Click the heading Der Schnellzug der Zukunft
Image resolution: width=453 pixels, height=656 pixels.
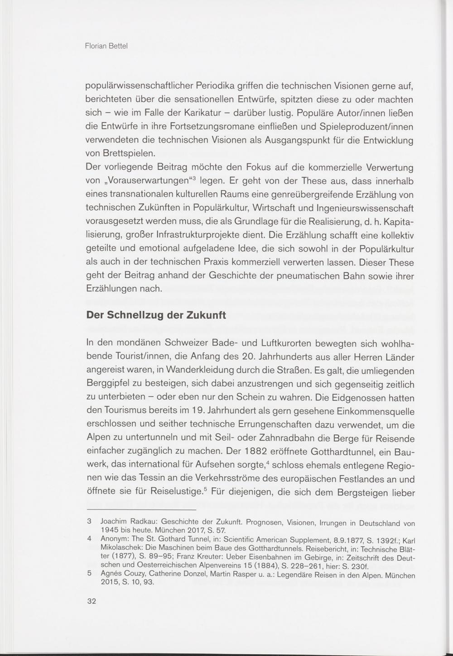click(x=156, y=315)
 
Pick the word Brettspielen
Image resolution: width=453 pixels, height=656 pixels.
click(x=132, y=154)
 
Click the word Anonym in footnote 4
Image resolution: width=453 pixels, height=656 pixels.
click(x=114, y=539)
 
